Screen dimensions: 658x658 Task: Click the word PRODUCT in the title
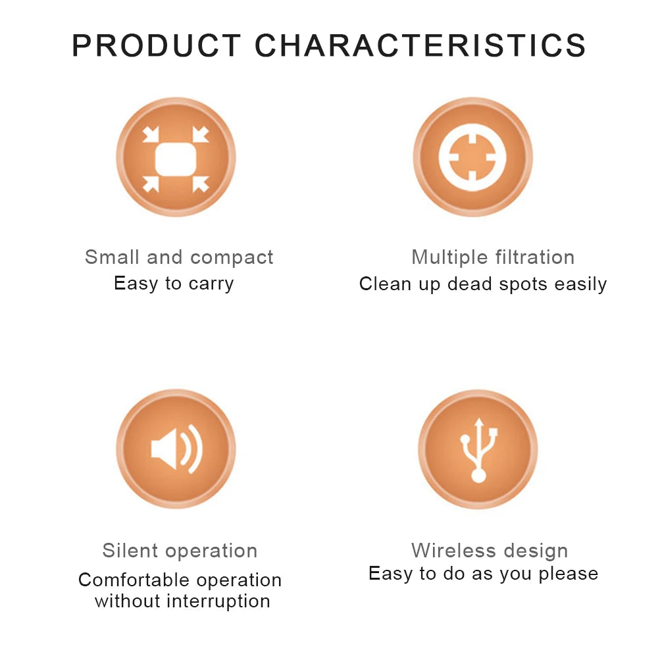point(157,46)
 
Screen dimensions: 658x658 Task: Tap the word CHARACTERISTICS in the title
point(420,46)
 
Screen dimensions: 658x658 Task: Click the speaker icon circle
point(176,449)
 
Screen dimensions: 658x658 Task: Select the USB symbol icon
point(478,449)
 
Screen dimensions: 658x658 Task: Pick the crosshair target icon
point(472,157)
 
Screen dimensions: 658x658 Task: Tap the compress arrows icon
point(176,157)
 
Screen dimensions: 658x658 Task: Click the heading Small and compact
point(179,257)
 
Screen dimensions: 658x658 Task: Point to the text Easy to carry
point(174,284)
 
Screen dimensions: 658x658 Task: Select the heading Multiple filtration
point(493,257)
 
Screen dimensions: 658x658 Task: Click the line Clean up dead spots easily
point(483,284)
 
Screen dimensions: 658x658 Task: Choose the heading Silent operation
point(180,551)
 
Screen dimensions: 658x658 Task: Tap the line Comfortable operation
point(180,580)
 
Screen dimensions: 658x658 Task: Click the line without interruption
point(182,601)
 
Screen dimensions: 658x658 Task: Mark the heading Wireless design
point(490,551)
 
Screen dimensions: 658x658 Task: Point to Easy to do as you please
point(483,574)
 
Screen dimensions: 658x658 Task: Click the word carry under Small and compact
point(211,284)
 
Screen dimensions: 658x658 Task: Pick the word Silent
point(128,551)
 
